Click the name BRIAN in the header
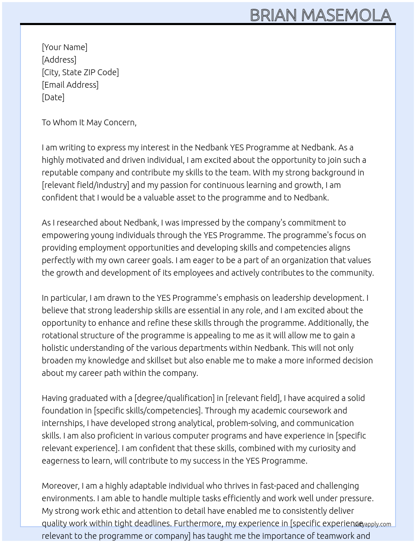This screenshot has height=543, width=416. point(273,15)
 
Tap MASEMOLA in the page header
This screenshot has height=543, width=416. point(346,15)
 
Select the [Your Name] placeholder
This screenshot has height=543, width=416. point(65,47)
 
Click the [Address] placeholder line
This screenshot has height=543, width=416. point(59,60)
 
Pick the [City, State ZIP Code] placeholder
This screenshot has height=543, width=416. point(80,72)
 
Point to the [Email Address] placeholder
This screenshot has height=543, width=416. point(70,85)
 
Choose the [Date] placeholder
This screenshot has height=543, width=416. point(53,97)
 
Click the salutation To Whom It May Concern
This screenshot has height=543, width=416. point(89,122)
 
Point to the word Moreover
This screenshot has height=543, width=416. point(61,486)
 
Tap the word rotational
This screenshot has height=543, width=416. point(60,335)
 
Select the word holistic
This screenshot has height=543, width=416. point(55,348)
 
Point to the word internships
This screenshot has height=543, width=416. point(62,423)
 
